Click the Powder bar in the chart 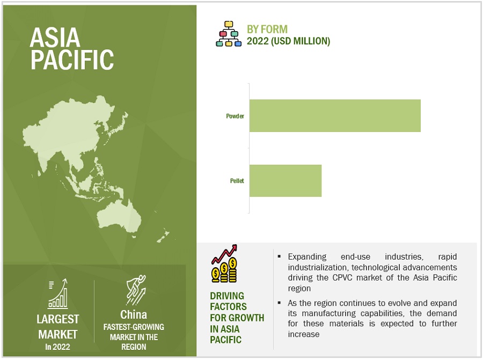coord(335,115)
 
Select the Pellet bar coord(286,181)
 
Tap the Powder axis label coord(235,116)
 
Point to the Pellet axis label coord(237,181)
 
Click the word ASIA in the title coord(55,38)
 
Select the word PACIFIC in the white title coord(72,60)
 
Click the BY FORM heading coord(267,30)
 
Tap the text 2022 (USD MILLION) coord(288,41)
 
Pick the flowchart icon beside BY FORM coord(229,34)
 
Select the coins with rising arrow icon coord(224,263)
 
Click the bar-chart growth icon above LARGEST coord(58,293)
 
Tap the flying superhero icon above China coord(136,290)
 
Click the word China coord(134,315)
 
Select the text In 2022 coord(57,347)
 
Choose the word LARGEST coord(57,319)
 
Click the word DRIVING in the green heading coord(227,296)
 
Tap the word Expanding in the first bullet coord(307,257)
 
